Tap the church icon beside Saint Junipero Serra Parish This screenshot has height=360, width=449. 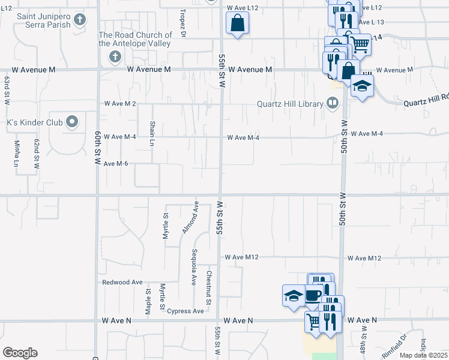pyautogui.click(x=80, y=22)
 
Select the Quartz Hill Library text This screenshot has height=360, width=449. pyautogui.click(x=290, y=104)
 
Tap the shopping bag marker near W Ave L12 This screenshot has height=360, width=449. pyautogui.click(x=237, y=24)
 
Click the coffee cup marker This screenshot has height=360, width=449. pyautogui.click(x=313, y=295)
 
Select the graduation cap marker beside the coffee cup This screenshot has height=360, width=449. pyautogui.click(x=294, y=296)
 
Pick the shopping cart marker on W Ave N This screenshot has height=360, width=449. pyautogui.click(x=313, y=321)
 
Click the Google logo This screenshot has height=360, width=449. pyautogui.click(x=20, y=352)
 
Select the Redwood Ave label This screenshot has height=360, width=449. pyautogui.click(x=122, y=282)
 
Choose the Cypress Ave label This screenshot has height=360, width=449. pyautogui.click(x=185, y=311)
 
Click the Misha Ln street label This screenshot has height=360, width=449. pyautogui.click(x=16, y=153)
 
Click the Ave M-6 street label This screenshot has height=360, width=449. pyautogui.click(x=116, y=164)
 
